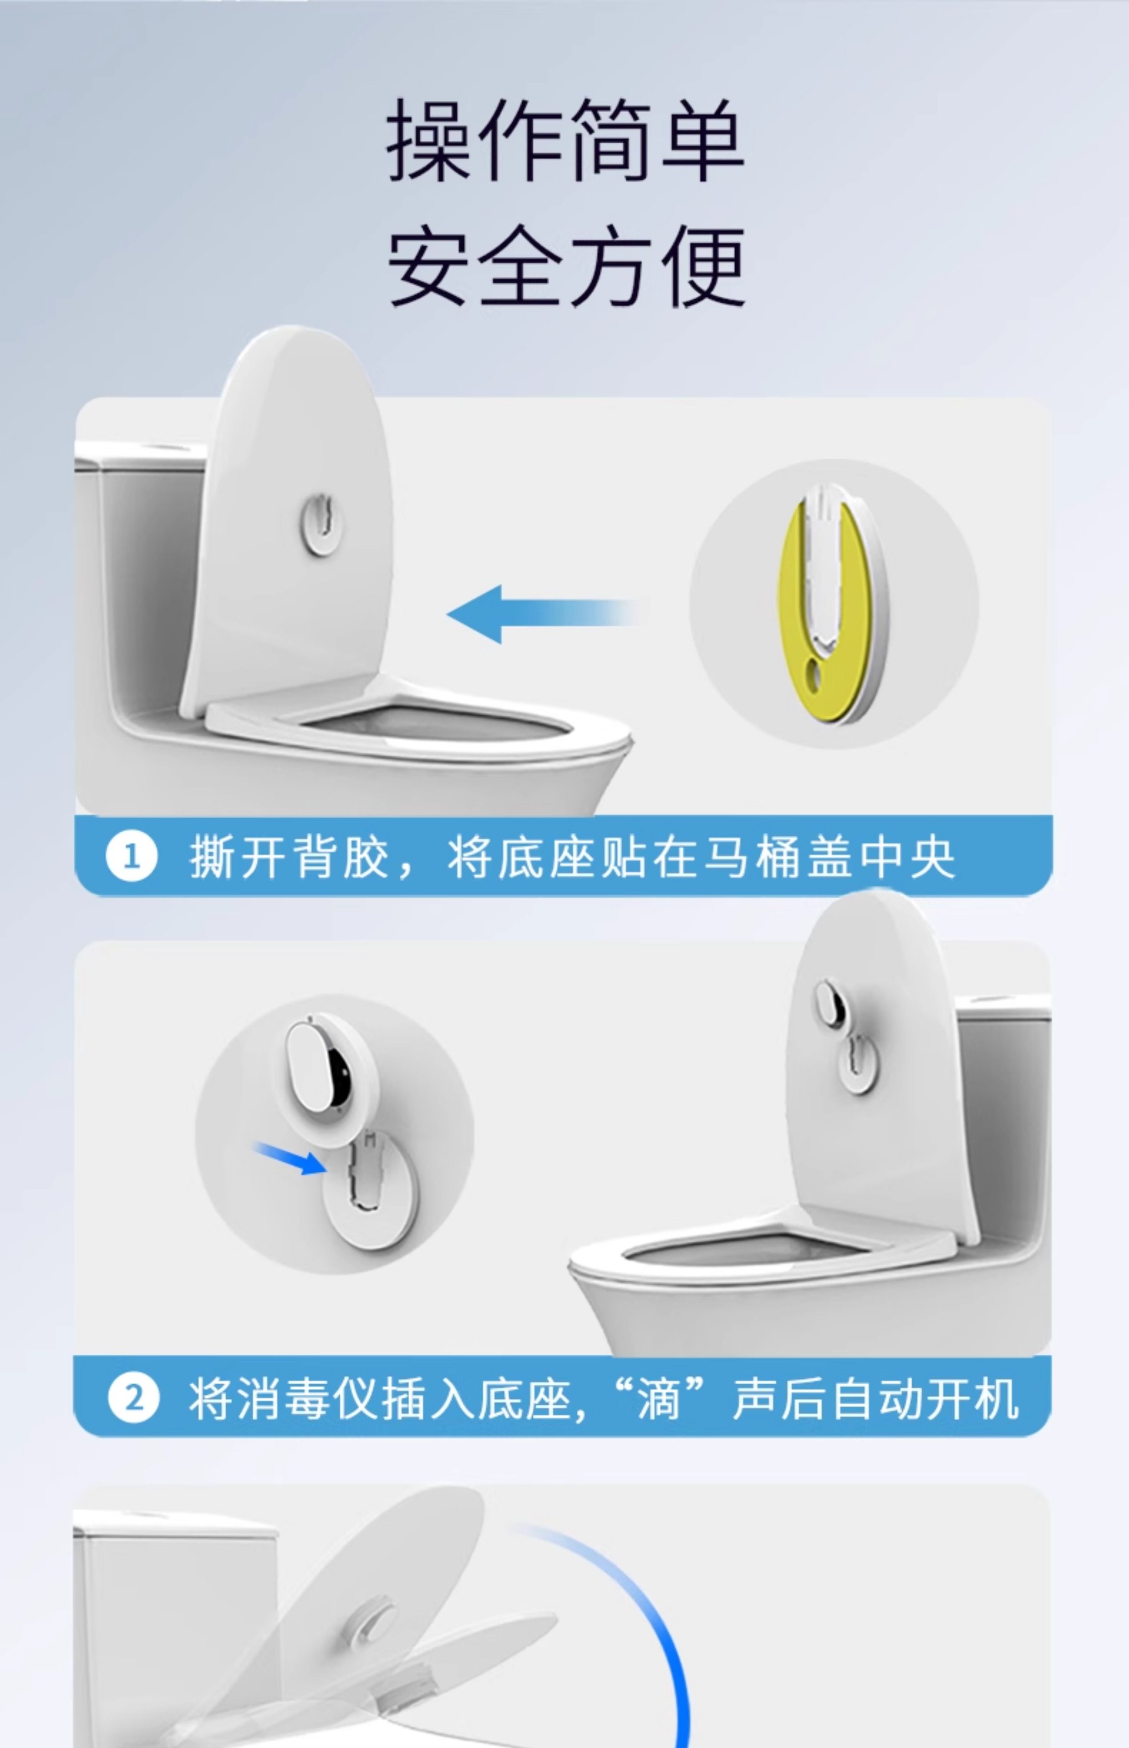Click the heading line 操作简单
click(565, 140)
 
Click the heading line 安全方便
click(565, 265)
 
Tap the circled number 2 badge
click(133, 1397)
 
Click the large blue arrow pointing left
click(541, 614)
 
